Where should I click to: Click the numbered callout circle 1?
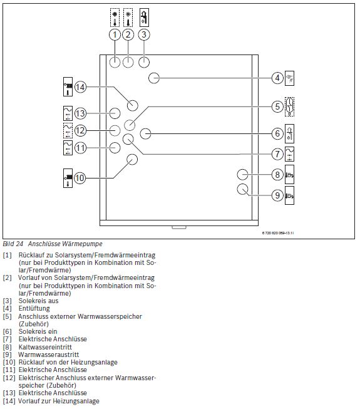[x=114, y=34]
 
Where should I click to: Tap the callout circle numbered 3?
[x=144, y=34]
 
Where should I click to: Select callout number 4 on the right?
[x=277, y=78]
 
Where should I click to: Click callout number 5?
[x=277, y=106]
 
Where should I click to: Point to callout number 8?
[x=277, y=175]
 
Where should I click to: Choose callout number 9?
[x=277, y=195]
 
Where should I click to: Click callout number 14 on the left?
[x=80, y=88]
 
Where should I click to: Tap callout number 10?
[x=80, y=178]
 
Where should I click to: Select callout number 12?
[x=80, y=130]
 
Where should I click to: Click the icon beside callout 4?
[x=289, y=78]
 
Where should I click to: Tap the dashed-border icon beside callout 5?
[x=289, y=106]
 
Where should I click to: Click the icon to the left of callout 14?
[x=68, y=88]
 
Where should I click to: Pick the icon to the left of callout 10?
[x=68, y=178]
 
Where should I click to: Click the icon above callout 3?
[x=144, y=16]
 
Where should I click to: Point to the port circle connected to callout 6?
[x=146, y=133]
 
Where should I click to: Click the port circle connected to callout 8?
[x=243, y=174]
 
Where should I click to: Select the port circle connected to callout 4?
[x=154, y=78]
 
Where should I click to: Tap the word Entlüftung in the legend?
[x=31, y=308]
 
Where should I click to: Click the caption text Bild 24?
[x=13, y=243]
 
